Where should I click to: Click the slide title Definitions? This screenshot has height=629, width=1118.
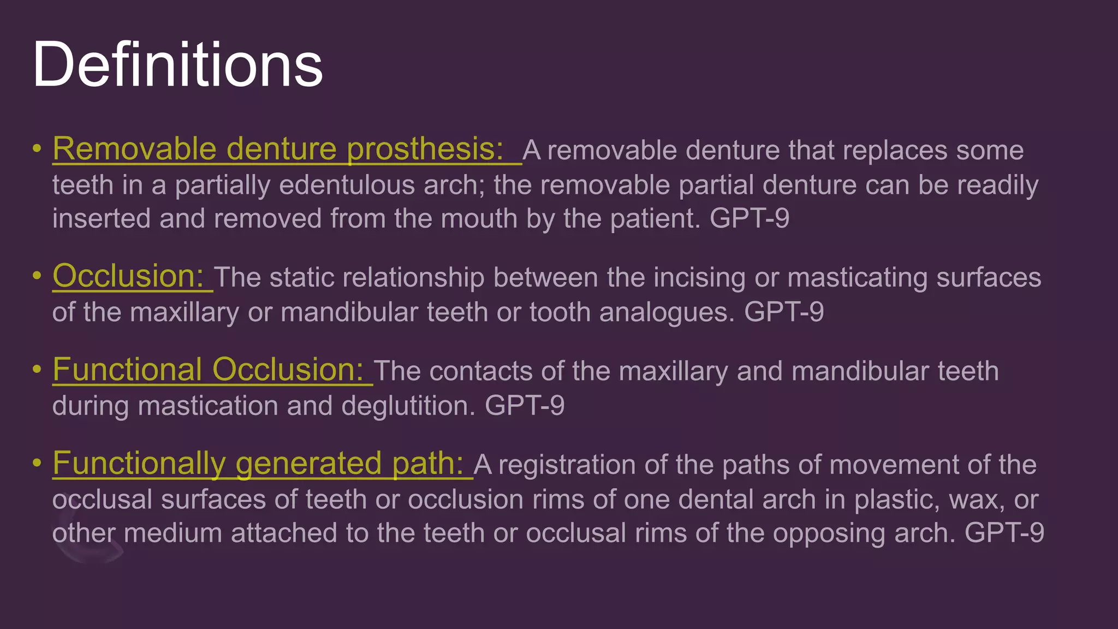(x=177, y=65)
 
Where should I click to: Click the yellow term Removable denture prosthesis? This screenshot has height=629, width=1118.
(x=278, y=149)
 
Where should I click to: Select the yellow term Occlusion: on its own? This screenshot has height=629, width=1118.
(x=128, y=276)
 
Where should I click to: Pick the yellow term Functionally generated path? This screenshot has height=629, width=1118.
(x=258, y=464)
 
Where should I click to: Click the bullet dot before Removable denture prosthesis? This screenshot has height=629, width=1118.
(x=37, y=149)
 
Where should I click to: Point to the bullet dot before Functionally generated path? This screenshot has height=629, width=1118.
(x=37, y=463)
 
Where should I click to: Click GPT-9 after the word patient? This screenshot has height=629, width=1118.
(x=749, y=218)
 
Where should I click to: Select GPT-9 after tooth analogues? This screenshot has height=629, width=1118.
(x=784, y=312)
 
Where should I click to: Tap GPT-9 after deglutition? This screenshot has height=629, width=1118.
(x=524, y=406)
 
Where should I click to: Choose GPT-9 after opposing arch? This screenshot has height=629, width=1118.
(x=1004, y=533)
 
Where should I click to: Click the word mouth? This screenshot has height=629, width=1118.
(x=479, y=218)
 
